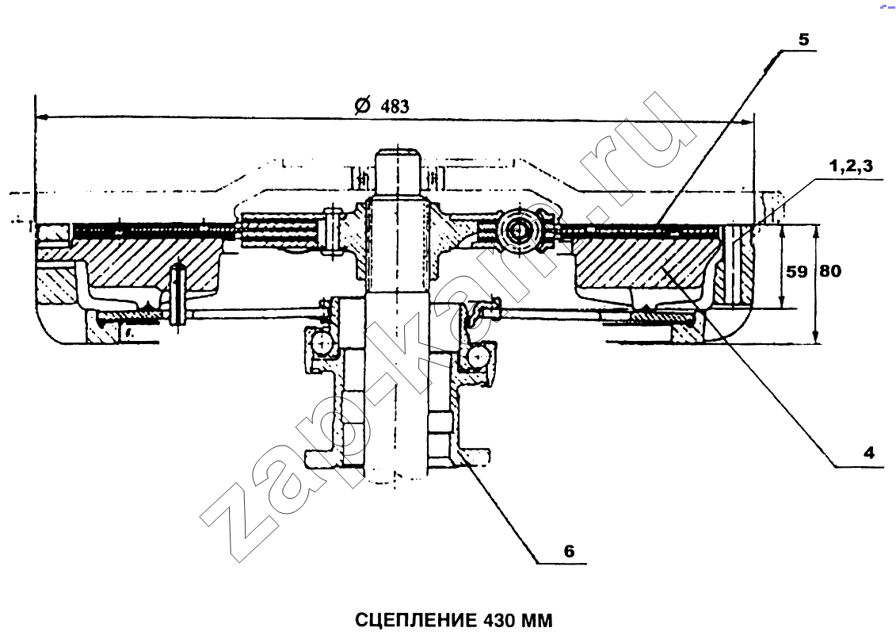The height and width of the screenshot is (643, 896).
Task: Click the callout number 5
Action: tap(803, 40)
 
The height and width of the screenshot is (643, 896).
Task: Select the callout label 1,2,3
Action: tap(851, 166)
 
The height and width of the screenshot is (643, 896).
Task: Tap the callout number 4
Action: tap(869, 453)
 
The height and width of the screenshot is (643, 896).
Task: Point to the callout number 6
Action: tap(569, 551)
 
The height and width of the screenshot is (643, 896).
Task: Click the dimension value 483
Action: tap(395, 106)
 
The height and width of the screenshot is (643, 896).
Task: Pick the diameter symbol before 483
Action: tap(362, 105)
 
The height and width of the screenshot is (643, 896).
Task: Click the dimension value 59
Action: tap(796, 271)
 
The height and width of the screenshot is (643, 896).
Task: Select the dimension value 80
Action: tap(830, 271)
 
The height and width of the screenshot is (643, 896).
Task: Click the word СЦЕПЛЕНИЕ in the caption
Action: tap(416, 620)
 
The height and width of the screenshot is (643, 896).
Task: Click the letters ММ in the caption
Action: tap(536, 620)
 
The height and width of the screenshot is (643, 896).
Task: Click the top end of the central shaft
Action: tap(398, 151)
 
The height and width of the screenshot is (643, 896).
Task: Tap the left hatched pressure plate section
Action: tap(147, 263)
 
